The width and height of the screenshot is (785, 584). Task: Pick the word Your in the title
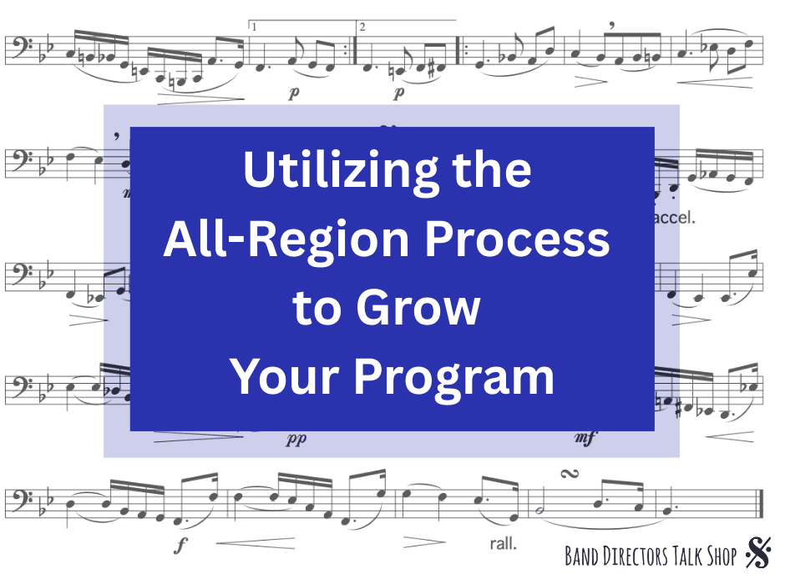[285, 376]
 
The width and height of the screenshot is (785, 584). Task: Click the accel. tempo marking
[675, 218]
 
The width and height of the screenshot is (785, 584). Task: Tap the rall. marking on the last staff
[503, 543]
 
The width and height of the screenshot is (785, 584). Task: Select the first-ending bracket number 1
[255, 27]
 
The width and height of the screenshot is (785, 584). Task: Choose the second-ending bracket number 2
[362, 27]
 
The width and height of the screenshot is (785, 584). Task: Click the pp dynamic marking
[296, 440]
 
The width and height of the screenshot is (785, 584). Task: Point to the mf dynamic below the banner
[585, 438]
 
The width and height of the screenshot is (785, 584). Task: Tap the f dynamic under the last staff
[180, 544]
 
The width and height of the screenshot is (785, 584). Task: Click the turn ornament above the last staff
[570, 474]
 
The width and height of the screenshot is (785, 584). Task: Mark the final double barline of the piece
[761, 504]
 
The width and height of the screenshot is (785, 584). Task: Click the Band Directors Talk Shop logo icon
[758, 552]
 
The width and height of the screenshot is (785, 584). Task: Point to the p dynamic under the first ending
[294, 93]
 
